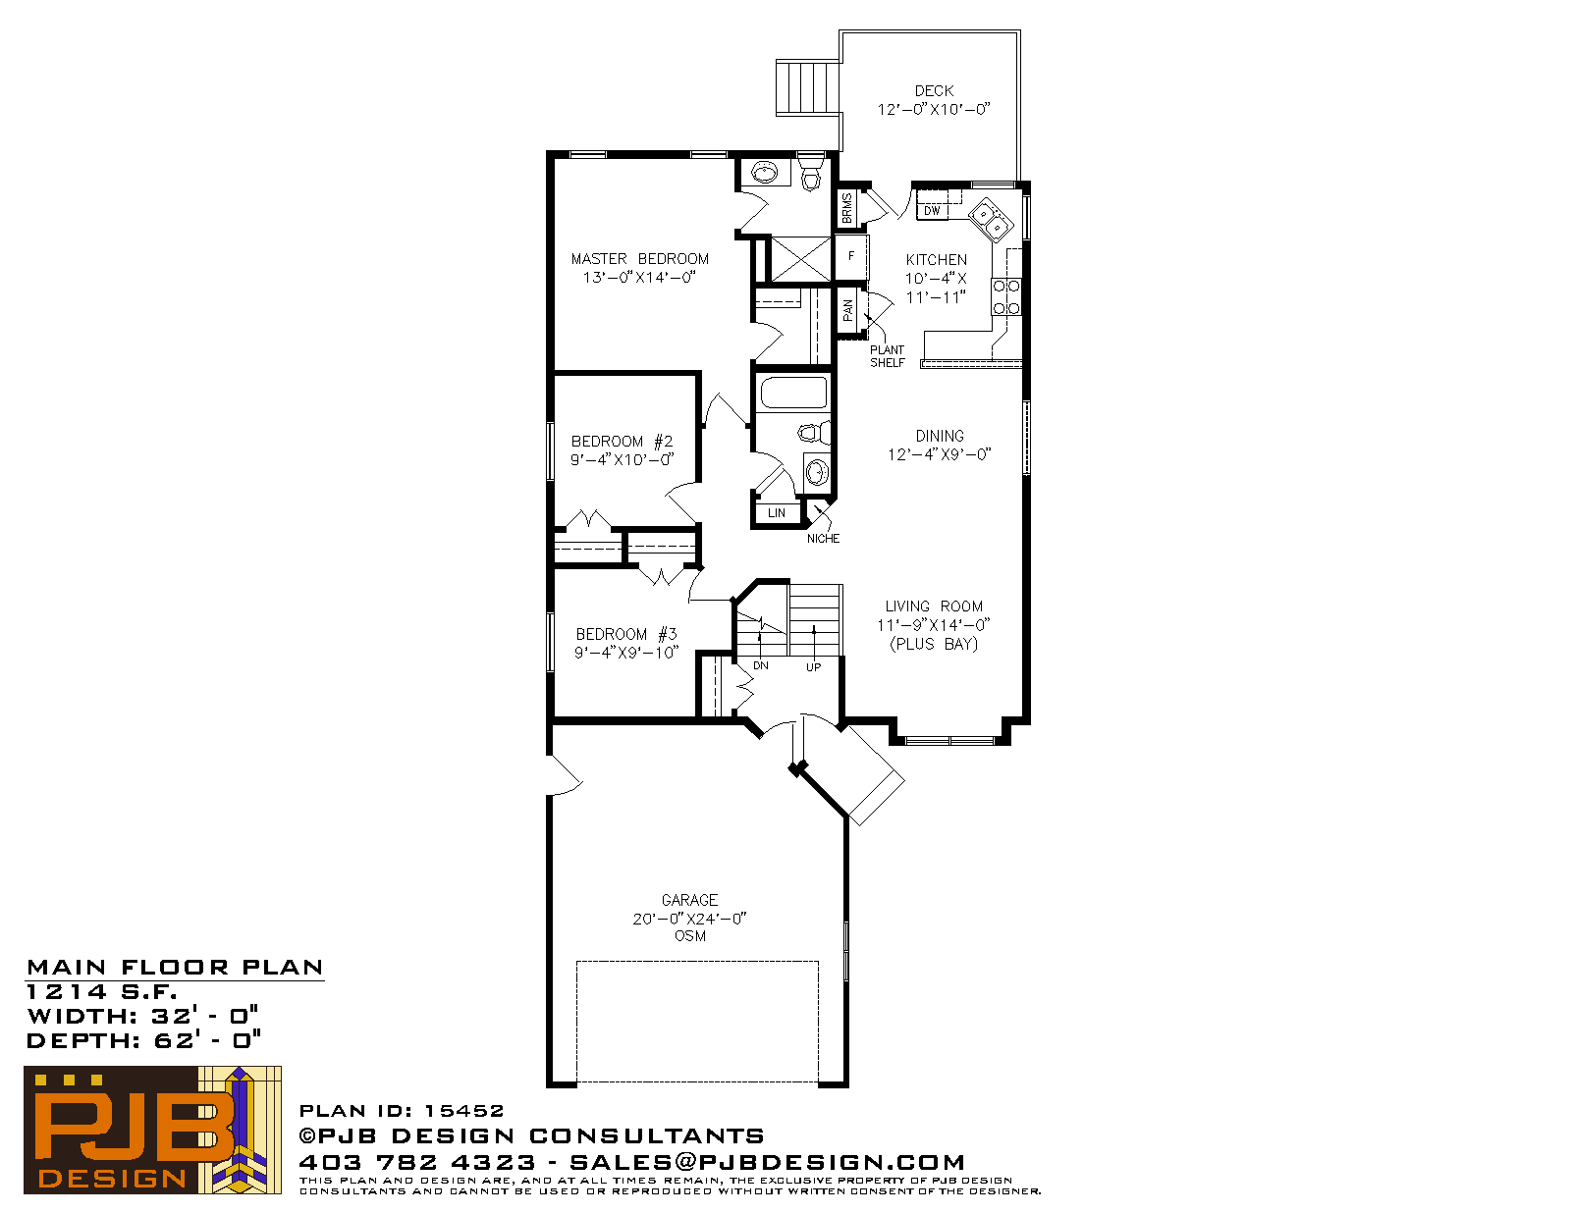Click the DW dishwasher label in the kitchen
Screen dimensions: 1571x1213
point(932,211)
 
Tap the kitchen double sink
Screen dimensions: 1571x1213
point(990,221)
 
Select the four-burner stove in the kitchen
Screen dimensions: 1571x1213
point(1005,297)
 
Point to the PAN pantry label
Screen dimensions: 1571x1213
point(847,310)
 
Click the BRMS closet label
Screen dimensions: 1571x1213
point(847,209)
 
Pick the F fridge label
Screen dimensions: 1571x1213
point(851,256)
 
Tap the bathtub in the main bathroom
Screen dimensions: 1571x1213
point(793,393)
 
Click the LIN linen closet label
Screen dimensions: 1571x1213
point(777,513)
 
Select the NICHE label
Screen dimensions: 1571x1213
point(824,538)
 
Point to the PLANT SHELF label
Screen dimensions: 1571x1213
point(887,356)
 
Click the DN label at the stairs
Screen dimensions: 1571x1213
point(761,665)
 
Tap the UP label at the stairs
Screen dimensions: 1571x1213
point(813,667)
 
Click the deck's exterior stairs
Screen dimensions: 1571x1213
point(808,88)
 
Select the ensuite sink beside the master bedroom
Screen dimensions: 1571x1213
point(764,173)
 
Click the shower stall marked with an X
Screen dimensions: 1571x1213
point(801,259)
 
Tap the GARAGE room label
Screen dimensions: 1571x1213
point(689,900)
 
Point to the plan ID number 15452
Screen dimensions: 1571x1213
point(463,1110)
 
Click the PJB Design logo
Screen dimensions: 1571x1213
point(152,1130)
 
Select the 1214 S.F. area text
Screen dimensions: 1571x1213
point(102,991)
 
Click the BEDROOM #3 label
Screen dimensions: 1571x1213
point(626,634)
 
